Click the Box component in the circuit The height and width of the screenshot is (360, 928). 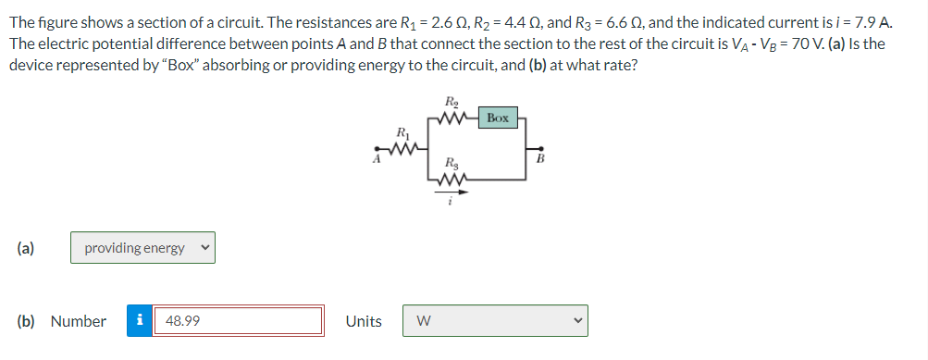coord(498,118)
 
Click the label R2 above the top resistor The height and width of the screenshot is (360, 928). coord(451,102)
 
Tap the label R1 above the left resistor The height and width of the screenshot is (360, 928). coord(400,132)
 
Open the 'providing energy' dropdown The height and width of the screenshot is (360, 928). coord(142,248)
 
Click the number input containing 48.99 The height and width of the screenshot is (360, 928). coord(238,321)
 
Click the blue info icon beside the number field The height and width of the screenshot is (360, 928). coord(139,321)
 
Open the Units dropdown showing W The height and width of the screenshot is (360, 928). coord(494,321)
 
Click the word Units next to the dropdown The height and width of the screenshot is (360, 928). coord(363,321)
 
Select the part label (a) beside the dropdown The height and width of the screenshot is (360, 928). coord(25,248)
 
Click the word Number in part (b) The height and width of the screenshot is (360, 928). coord(78,321)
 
